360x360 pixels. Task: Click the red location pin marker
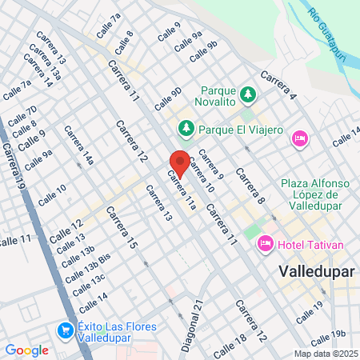pos(180,162)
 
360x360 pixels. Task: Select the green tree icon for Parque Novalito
pos(248,94)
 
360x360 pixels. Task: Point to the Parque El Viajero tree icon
pos(186,127)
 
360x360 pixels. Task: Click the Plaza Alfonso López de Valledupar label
pos(314,194)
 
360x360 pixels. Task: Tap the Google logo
pos(26,350)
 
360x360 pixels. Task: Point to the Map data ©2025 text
pos(326,354)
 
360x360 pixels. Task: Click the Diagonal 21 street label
pos(190,325)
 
